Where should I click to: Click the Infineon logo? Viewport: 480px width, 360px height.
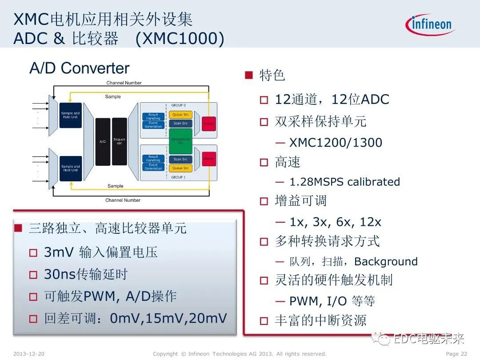pos(430,24)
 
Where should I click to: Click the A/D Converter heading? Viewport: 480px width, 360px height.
pos(79,68)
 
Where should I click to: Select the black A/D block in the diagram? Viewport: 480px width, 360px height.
pos(103,141)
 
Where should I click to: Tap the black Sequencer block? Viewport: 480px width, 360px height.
pos(119,141)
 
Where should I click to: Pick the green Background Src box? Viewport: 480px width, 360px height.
pos(180,141)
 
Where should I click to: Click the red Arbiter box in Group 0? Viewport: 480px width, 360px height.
pos(209,123)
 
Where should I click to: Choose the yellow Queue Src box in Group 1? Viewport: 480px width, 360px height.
pos(180,168)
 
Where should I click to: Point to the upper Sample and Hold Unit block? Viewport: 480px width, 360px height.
pos(71,116)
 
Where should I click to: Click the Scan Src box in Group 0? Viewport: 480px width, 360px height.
pos(180,123)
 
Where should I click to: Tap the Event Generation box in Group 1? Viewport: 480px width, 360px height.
pos(153,167)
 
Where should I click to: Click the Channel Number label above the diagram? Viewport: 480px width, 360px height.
pos(124,83)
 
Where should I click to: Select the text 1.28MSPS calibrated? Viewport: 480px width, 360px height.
pos(344,182)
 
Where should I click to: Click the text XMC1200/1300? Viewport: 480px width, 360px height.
pos(336,143)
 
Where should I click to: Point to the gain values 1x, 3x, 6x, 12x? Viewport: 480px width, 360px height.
pos(335,222)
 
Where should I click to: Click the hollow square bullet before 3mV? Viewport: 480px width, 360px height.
pos(33,253)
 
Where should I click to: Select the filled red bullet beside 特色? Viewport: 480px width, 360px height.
pos(249,75)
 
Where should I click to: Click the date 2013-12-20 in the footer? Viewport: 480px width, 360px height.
pos(29,354)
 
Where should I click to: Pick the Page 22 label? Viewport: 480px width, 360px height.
pos(456,354)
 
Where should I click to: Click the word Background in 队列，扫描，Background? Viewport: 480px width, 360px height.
pos(386,262)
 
